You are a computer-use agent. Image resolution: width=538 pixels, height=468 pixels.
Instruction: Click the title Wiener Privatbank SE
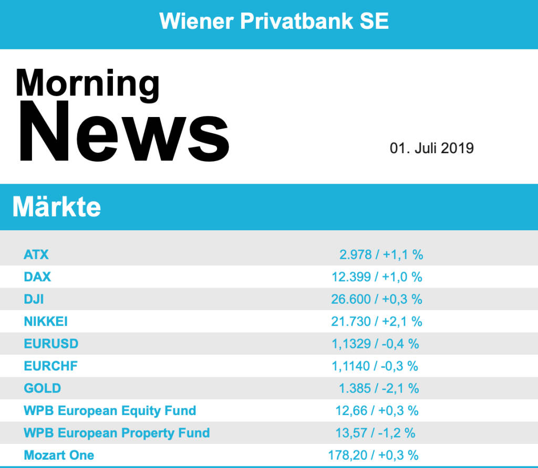click(274, 21)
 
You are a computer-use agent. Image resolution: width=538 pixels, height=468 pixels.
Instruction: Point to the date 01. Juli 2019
click(431, 148)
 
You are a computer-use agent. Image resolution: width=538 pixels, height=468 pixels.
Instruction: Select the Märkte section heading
click(56, 207)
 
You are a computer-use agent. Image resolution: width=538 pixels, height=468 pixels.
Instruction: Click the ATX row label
click(36, 255)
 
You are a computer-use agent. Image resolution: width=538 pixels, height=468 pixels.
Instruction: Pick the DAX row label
click(37, 277)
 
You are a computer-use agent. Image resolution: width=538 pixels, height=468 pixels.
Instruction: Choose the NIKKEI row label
click(46, 321)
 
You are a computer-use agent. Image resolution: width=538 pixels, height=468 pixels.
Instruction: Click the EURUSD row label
click(51, 344)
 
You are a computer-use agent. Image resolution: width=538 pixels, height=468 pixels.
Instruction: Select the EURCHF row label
click(50, 366)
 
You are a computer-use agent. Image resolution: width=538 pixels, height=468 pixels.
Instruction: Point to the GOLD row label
click(42, 388)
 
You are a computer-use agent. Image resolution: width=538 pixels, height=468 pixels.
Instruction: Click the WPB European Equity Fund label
click(110, 410)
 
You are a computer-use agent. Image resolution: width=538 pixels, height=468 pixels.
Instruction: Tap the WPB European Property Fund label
click(117, 433)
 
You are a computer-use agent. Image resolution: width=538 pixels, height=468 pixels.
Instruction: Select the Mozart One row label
click(59, 455)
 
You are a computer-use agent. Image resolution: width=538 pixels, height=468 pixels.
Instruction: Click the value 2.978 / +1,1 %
click(381, 255)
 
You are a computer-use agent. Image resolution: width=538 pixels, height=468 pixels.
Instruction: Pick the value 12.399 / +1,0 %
click(377, 277)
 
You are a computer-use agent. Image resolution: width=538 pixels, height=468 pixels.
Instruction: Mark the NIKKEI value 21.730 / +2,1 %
click(377, 321)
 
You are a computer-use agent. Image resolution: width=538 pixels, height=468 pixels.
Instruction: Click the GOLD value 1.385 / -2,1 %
click(379, 388)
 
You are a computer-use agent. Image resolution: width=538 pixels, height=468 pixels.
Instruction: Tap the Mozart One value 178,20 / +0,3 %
click(374, 455)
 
